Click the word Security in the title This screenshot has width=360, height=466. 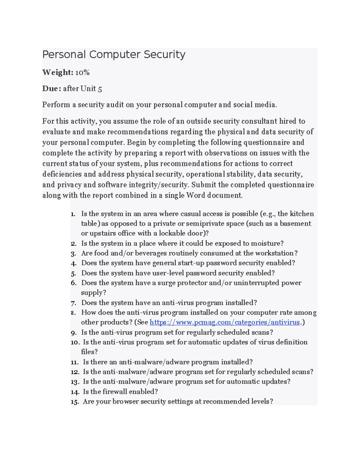(x=164, y=55)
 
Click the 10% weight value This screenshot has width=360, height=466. (x=82, y=72)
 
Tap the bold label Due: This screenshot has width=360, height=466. (x=52, y=89)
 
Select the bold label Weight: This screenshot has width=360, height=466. (x=58, y=72)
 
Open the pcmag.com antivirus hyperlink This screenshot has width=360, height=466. (x=225, y=322)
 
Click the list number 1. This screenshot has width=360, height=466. (x=73, y=214)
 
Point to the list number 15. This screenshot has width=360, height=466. (x=74, y=402)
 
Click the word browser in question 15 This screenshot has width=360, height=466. (x=125, y=401)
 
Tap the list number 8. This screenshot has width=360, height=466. (x=73, y=313)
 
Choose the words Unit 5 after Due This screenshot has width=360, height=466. (x=91, y=89)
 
